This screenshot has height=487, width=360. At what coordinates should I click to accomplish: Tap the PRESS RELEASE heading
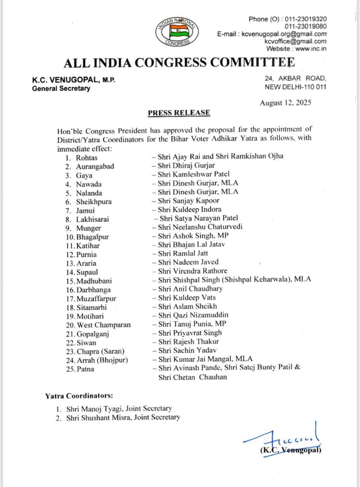pos(178,113)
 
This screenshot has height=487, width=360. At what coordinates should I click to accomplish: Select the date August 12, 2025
pos(285,103)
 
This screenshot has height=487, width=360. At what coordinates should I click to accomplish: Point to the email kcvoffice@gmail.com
pos(296,41)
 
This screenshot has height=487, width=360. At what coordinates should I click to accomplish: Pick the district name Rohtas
pos(87,158)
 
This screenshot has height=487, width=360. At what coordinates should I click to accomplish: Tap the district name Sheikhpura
pos(94,202)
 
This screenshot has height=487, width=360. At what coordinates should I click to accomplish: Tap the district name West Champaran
pos(104,325)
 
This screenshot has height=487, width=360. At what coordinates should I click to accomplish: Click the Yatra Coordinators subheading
pos(79,396)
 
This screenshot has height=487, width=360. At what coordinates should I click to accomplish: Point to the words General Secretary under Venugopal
pos(61,89)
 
